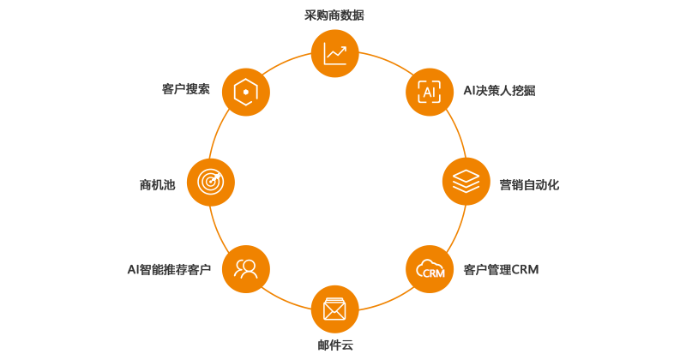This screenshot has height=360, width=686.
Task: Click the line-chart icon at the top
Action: (x=334, y=53)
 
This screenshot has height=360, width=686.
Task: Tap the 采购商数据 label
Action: (x=334, y=15)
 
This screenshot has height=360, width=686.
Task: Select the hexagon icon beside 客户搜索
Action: (x=246, y=92)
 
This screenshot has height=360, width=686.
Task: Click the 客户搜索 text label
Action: (x=186, y=88)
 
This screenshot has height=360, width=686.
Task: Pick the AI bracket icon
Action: (x=429, y=92)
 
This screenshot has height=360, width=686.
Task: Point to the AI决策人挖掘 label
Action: (x=499, y=89)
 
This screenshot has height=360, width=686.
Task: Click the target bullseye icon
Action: (x=210, y=181)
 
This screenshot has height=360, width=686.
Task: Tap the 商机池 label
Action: (x=157, y=184)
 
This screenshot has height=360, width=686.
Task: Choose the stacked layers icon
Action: (x=466, y=181)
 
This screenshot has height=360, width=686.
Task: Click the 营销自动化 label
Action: (x=528, y=184)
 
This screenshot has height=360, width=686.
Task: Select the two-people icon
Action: (x=246, y=269)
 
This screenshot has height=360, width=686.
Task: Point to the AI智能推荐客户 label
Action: (x=169, y=269)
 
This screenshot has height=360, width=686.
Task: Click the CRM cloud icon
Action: (x=430, y=269)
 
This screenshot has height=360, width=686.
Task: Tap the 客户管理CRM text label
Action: (x=501, y=269)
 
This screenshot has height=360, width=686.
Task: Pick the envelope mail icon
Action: (x=334, y=309)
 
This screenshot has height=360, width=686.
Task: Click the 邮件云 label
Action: (x=334, y=345)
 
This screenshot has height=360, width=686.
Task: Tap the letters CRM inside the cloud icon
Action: (x=434, y=273)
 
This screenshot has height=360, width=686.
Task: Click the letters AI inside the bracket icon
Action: (x=429, y=92)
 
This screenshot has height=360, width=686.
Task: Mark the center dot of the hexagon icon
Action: (x=246, y=92)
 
